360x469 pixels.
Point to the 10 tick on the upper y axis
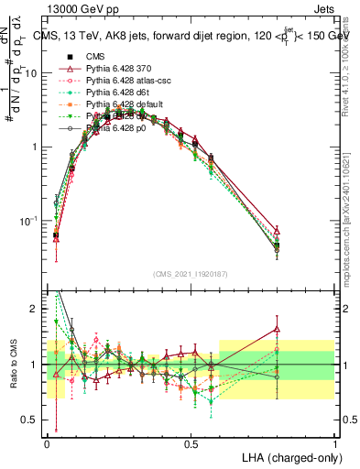pyautogui.click(x=36, y=73)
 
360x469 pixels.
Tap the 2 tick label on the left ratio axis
pyautogui.click(x=38, y=309)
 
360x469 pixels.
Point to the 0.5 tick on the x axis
pyautogui.click(x=191, y=443)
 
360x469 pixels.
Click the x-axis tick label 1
pyautogui.click(x=334, y=443)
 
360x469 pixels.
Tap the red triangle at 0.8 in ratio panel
pyautogui.click(x=278, y=329)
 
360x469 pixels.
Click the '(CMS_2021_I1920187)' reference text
pyautogui.click(x=191, y=273)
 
